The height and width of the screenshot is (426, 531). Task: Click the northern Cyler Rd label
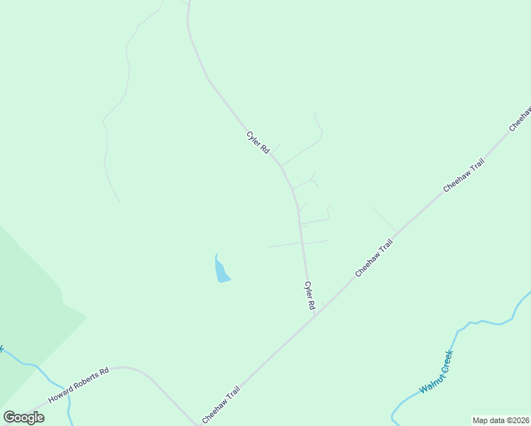click(258, 143)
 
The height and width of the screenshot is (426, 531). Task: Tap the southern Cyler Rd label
click(310, 295)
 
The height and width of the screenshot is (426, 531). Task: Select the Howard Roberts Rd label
click(78, 386)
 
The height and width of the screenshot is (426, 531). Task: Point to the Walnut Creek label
click(436, 371)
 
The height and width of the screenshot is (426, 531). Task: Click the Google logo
click(23, 417)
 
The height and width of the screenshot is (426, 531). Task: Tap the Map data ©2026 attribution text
click(500, 420)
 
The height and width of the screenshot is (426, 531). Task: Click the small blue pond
click(221, 270)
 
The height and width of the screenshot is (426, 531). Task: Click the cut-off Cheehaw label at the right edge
click(520, 119)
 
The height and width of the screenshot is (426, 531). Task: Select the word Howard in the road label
click(61, 394)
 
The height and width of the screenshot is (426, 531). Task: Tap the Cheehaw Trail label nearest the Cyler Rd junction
click(374, 258)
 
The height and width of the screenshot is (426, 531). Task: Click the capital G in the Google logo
click(9, 417)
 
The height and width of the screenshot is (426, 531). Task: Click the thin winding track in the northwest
click(116, 106)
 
